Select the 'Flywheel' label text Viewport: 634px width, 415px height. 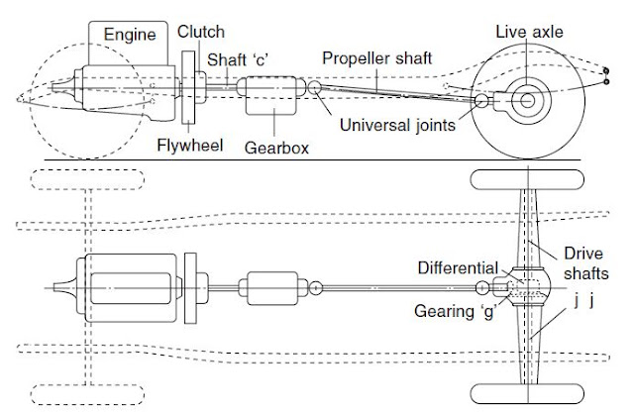coord(185,142)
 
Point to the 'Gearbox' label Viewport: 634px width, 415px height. coord(273,146)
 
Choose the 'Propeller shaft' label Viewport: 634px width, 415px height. coord(376,58)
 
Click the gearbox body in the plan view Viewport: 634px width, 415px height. coord(272,288)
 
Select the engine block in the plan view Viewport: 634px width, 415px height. coord(129,288)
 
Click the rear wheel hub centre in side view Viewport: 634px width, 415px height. coord(524,100)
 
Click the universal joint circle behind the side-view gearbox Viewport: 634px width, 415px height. coord(315,89)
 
